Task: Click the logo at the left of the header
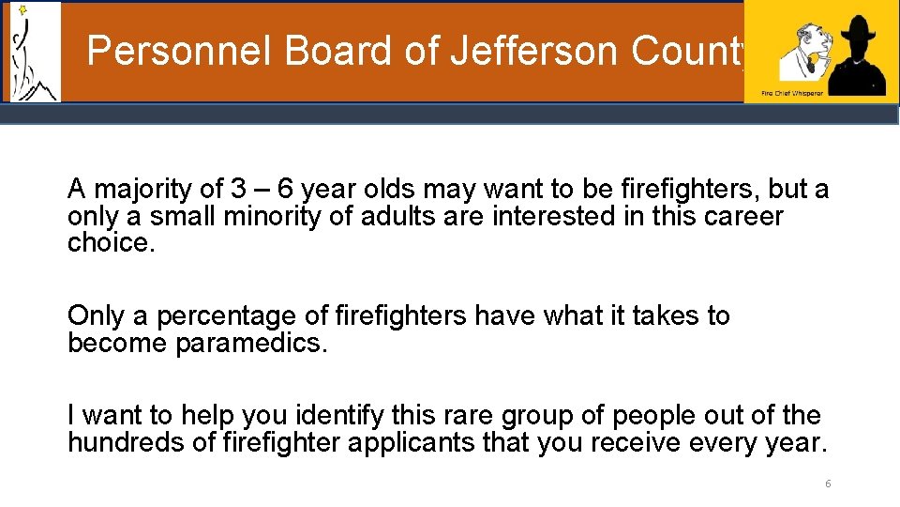tap(33, 52)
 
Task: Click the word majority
tap(139, 190)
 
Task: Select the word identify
tap(332, 415)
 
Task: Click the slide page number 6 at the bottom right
tap(828, 484)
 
